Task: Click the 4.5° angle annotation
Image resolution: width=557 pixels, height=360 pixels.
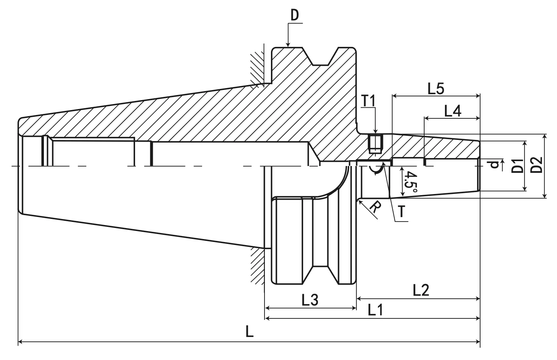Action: tap(410, 183)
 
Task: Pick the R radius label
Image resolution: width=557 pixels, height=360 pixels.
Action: tap(374, 209)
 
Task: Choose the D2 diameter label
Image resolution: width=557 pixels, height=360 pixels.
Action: tap(537, 165)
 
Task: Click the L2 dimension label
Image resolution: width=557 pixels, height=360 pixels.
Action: tap(421, 290)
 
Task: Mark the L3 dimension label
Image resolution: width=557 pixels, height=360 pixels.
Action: tap(310, 300)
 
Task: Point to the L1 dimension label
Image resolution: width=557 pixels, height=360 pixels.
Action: tap(375, 311)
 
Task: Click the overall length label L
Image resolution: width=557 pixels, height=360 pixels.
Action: tap(249, 332)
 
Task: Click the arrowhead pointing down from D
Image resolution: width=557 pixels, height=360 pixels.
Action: tap(288, 43)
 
